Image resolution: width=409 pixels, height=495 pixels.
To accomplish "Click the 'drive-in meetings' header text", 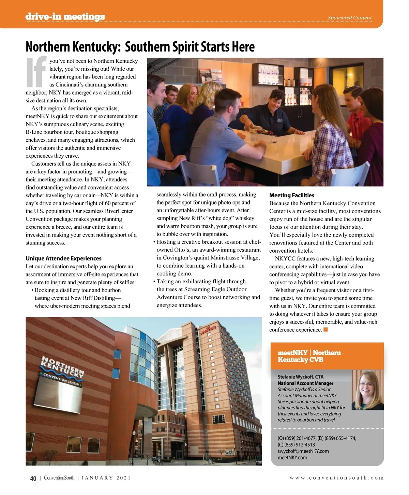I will pos(65,16).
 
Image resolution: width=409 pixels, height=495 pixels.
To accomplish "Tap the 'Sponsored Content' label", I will pos(349,18).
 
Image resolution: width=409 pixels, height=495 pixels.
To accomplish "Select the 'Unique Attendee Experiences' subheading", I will pos(63,258).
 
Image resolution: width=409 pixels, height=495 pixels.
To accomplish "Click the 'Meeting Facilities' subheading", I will pos(292,195).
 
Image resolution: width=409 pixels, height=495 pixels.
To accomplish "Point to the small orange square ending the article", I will pos(325,329).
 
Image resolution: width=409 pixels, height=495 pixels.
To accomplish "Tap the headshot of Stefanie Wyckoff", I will pos(367,390).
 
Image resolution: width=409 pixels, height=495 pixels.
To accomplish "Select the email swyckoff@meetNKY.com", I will pos(303,451).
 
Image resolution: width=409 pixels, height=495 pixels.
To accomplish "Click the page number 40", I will pos(33,478).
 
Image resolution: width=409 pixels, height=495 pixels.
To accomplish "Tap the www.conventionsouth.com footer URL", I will pos(336,478).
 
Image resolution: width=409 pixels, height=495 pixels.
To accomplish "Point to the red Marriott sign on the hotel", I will pos(208,330).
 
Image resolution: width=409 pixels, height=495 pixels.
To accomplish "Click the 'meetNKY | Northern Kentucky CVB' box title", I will pos(309,356).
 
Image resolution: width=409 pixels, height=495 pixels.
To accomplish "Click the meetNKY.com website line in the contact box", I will pos(292,457).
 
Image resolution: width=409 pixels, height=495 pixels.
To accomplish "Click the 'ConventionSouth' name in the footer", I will pos(59,478).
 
